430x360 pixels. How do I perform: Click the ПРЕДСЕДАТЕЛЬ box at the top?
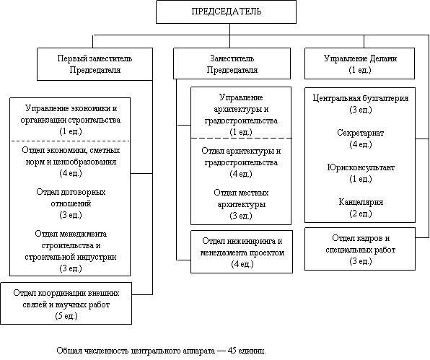coord(226,12)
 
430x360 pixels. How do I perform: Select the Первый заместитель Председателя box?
coord(95,64)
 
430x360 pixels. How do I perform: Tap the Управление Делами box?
coord(359,63)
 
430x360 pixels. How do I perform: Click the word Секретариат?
coord(360,133)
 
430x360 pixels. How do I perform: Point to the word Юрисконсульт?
coord(361,167)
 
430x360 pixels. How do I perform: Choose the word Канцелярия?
coord(361,202)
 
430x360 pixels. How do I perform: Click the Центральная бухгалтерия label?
coord(361,98)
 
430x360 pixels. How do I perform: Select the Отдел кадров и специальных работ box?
coord(360,249)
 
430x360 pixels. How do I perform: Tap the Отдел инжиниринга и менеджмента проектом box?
coord(242,252)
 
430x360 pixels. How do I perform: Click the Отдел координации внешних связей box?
coord(66,304)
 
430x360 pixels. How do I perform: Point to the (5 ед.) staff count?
coord(66,316)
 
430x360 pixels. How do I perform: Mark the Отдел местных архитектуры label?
coord(241,198)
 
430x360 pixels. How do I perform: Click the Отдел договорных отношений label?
coord(71,198)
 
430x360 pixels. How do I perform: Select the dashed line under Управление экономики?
coord(70,141)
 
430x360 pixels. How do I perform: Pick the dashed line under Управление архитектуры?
coord(241,138)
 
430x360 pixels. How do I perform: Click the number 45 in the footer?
coord(232,351)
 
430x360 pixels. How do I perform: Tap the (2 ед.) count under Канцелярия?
coord(361,214)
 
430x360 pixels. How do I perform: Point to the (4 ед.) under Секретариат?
coord(361,144)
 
